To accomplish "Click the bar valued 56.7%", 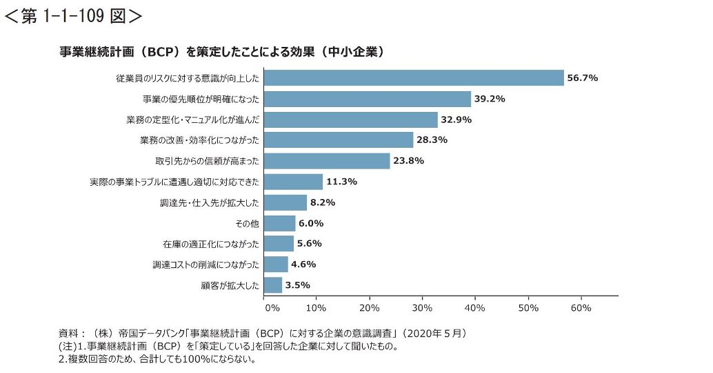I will tap(414, 78).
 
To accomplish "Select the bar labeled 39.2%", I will tap(368, 99).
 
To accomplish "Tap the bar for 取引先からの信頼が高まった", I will tap(327, 161).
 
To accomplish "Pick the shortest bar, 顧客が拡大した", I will tap(273, 285).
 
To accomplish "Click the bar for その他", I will tap(279, 223).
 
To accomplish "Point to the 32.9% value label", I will tap(457, 119).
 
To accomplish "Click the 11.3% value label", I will tap(342, 182).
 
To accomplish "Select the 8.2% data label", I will tap(323, 202).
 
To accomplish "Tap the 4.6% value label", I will tap(303, 264).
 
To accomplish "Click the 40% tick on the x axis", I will tap(475, 307).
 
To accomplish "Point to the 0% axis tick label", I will tap(272, 307).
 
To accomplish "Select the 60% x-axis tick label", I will tap(581, 307).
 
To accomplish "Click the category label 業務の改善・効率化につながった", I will tap(199, 140).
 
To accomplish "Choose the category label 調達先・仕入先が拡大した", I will tap(209, 202).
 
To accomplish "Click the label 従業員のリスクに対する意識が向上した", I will tap(188, 79).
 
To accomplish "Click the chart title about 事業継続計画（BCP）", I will tap(221, 52).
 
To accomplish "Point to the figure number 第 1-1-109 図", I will tap(73, 15).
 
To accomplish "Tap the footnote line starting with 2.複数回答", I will tap(157, 359).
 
